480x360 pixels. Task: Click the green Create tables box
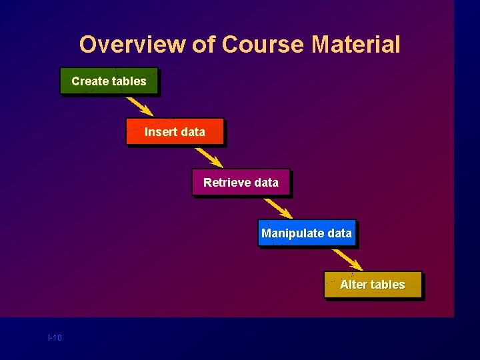coord(109,81)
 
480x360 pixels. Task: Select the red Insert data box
coord(175,132)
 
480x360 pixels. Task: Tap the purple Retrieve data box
coord(241,183)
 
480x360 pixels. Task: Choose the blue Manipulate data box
coord(307,233)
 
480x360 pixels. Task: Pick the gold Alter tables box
coord(373,285)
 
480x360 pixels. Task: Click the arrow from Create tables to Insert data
coord(140,107)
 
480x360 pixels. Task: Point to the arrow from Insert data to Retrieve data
coord(209,157)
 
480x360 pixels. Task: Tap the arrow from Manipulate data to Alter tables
coord(347,259)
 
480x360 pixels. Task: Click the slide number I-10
coord(55,338)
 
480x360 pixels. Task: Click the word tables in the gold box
coord(388,285)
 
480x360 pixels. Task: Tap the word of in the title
coord(203,45)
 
